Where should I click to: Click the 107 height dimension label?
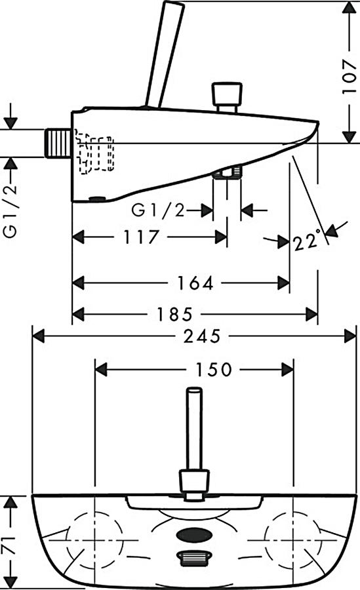pyautogui.click(x=349, y=77)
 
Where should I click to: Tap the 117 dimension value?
pyautogui.click(x=141, y=237)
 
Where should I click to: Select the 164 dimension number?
pyautogui.click(x=195, y=283)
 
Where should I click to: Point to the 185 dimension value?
pyautogui.click(x=174, y=314)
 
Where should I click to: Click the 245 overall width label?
pyautogui.click(x=202, y=336)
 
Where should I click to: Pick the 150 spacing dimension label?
pyautogui.click(x=214, y=370)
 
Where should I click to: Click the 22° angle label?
pyautogui.click(x=308, y=241)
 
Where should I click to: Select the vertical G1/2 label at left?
pyautogui.click(x=10, y=210)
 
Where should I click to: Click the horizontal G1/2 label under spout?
pyautogui.click(x=158, y=210)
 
